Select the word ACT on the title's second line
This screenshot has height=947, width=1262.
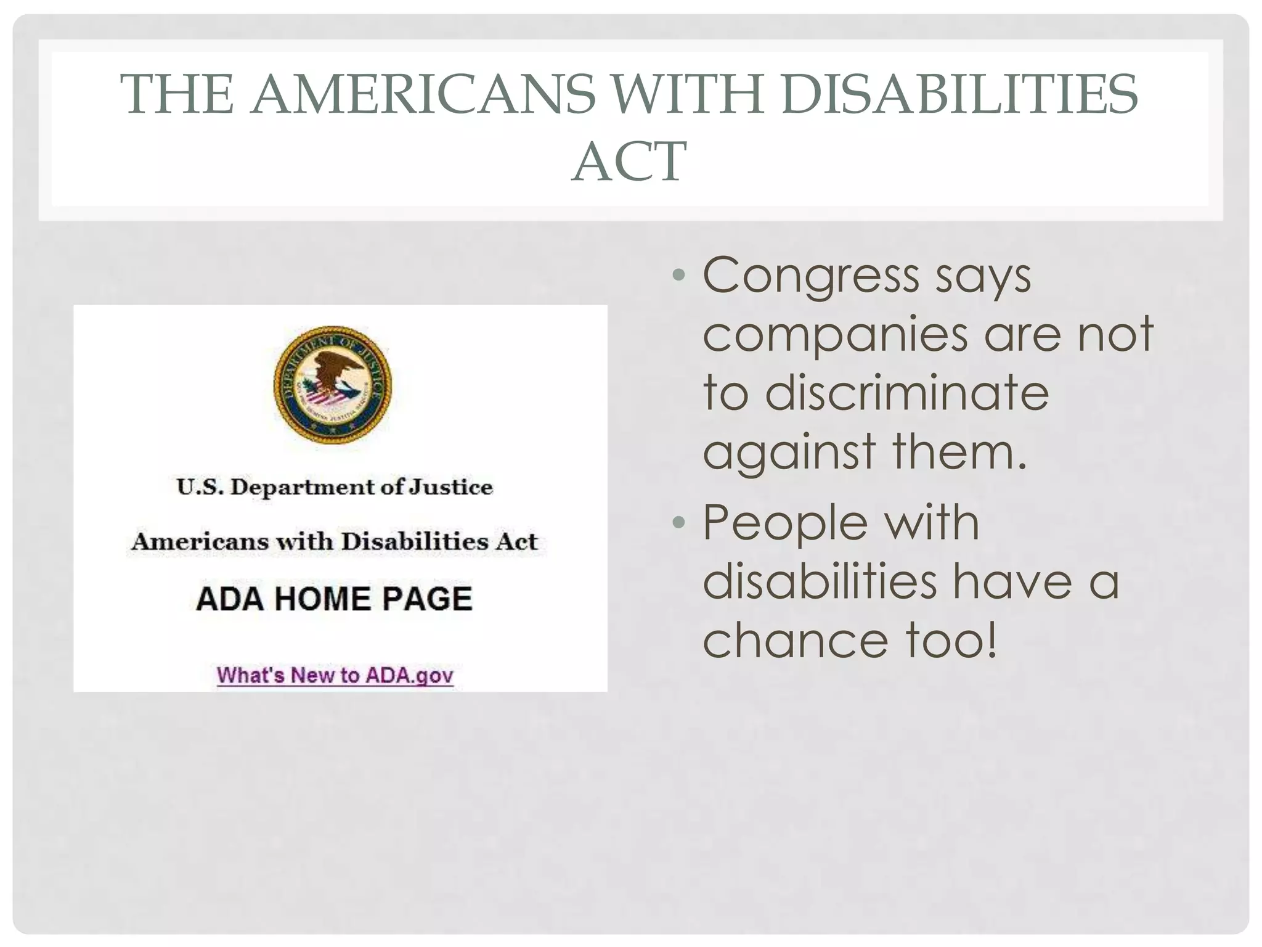pos(629,162)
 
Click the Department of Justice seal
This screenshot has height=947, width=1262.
pos(333,385)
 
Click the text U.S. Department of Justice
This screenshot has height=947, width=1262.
pos(335,487)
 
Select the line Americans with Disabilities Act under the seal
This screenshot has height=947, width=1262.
pos(335,541)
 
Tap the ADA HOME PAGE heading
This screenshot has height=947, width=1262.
pos(335,599)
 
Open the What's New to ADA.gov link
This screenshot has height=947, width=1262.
pos(335,675)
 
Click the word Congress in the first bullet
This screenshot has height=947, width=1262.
pos(811,276)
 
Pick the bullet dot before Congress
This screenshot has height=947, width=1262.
pos(678,275)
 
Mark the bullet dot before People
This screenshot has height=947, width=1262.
pos(678,523)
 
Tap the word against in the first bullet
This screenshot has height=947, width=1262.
pos(789,452)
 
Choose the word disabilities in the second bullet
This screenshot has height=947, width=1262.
pos(820,581)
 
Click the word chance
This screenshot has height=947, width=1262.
pos(796,640)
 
